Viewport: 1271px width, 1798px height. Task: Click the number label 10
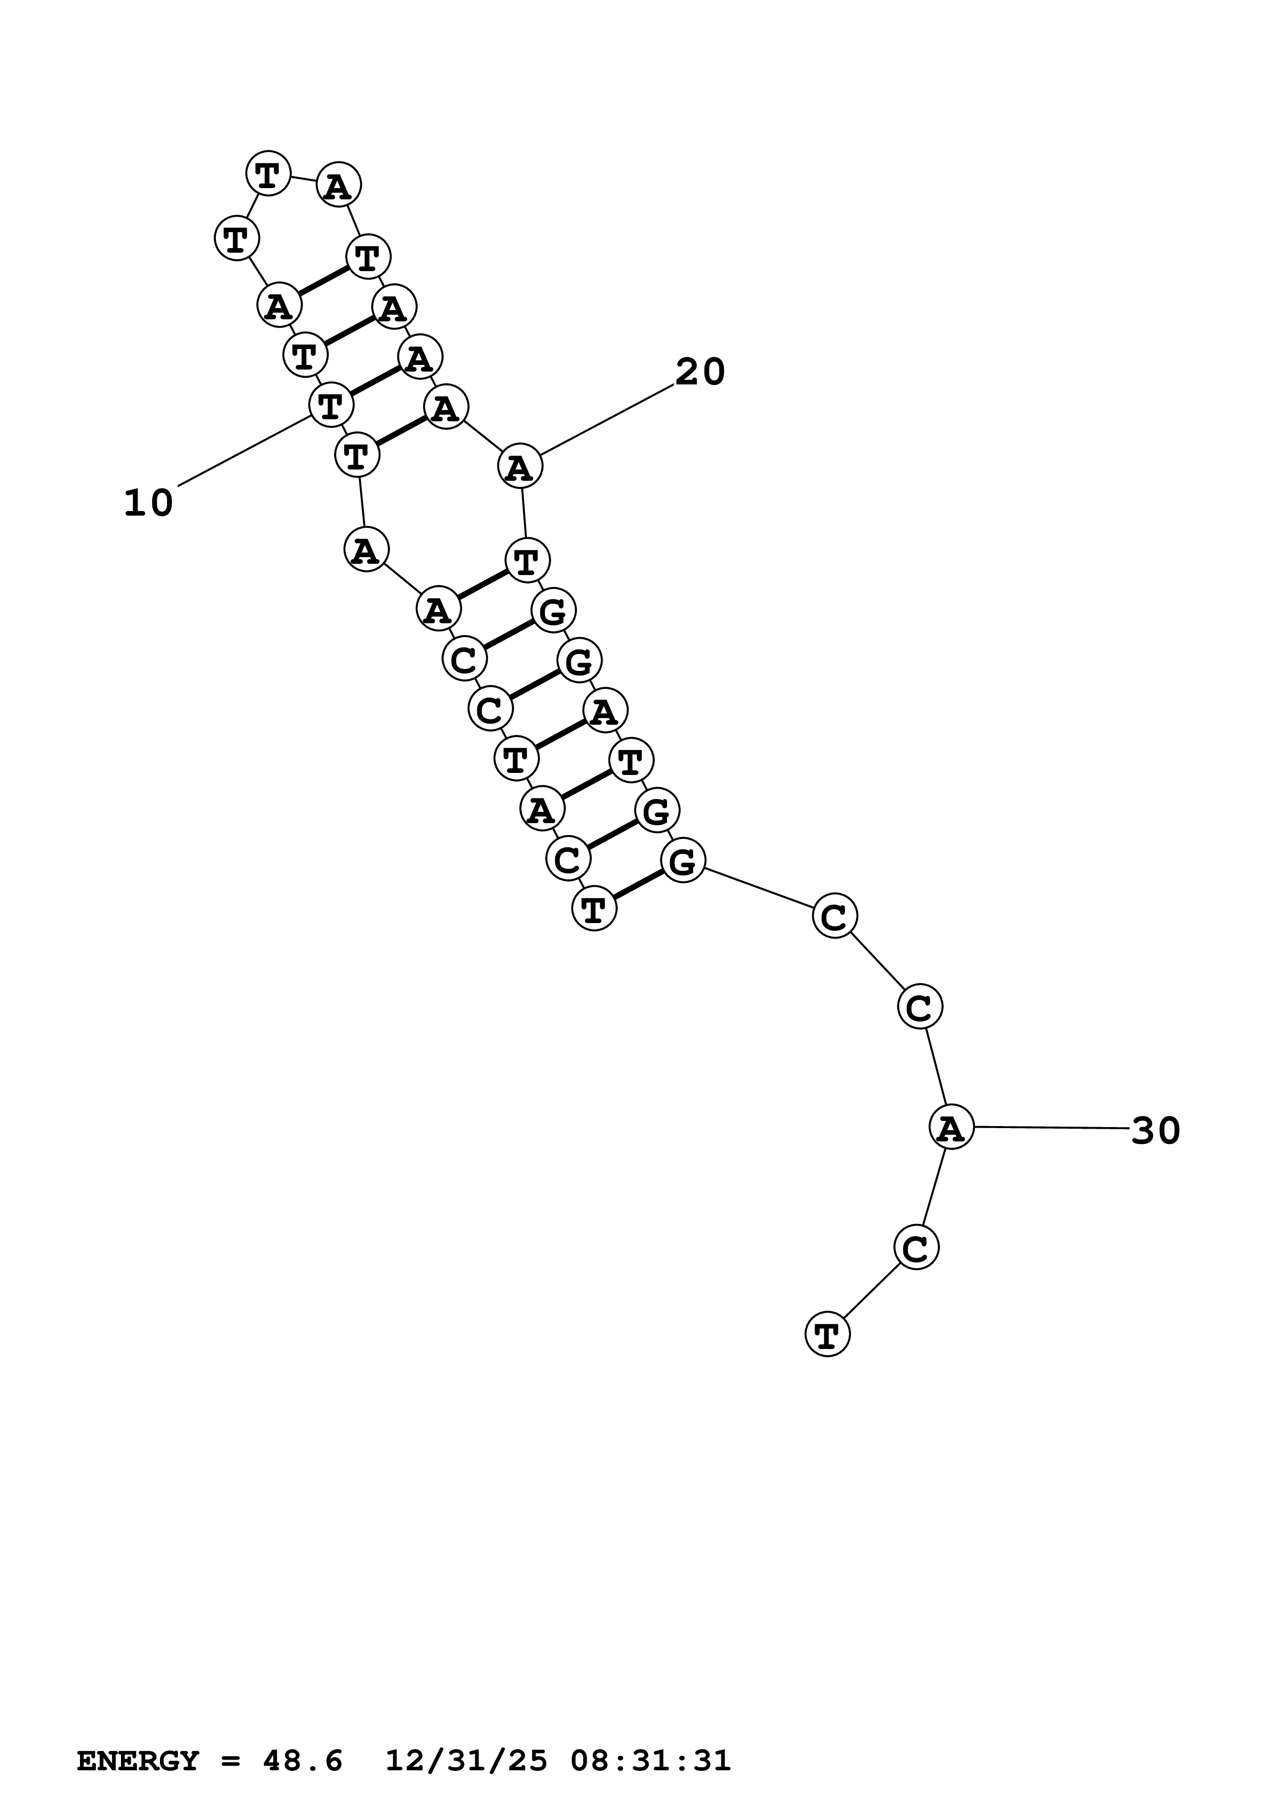click(148, 503)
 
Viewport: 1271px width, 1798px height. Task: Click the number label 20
click(700, 372)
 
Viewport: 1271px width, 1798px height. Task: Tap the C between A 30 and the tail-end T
click(916, 1248)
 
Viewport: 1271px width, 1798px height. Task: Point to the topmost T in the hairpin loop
click(268, 173)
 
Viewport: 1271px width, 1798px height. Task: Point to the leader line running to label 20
click(607, 419)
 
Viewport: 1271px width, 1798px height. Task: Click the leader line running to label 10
click(245, 451)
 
